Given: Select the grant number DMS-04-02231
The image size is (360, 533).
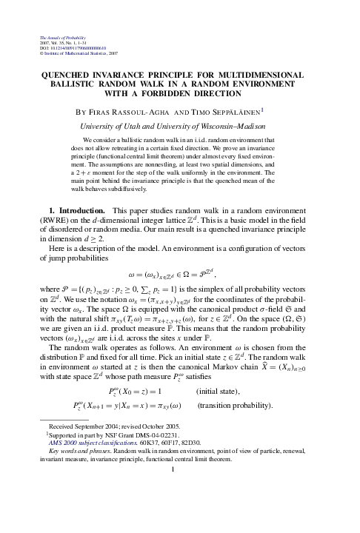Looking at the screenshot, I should tap(151, 478).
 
